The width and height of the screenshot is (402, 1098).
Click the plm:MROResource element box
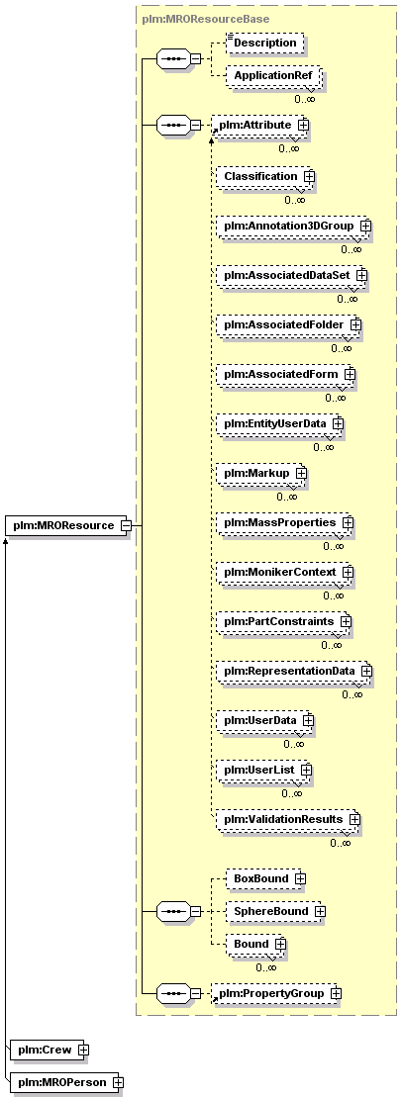66,525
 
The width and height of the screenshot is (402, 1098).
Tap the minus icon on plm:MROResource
124,525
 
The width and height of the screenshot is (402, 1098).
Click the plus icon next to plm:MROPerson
118,1082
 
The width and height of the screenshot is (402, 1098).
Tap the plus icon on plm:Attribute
303,125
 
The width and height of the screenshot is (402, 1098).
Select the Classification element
264,176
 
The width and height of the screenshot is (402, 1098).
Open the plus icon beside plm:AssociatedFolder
355,325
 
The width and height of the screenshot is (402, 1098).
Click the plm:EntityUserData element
279,424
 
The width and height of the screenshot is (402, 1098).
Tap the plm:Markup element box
259,474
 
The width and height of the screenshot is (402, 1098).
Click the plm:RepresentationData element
292,671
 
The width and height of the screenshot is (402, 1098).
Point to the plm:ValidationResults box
286,819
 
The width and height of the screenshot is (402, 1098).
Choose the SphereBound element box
276,911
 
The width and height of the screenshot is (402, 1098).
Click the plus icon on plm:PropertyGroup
336,994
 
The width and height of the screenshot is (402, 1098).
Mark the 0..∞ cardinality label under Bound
265,967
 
